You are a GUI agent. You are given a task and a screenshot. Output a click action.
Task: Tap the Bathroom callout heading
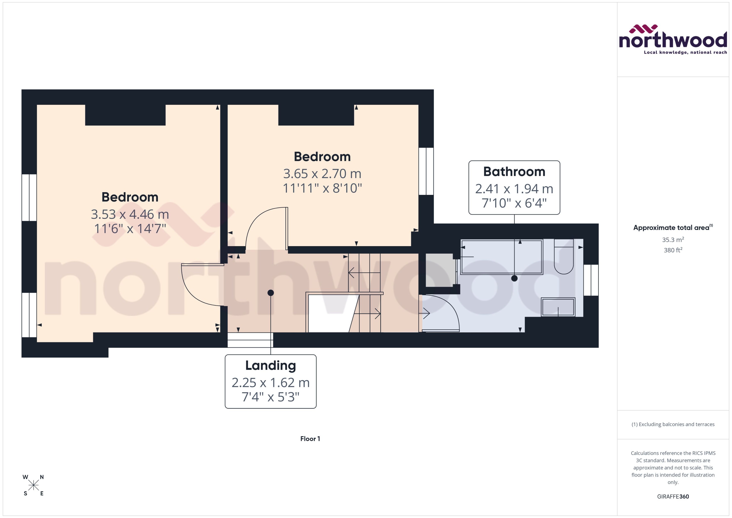tap(514, 172)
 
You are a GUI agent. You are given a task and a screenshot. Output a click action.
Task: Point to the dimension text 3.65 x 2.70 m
tap(322, 174)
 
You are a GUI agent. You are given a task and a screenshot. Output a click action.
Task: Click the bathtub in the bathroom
tap(501, 257)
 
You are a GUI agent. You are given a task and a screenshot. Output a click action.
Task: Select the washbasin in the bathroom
tap(558, 307)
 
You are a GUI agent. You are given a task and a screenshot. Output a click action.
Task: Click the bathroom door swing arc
tap(445, 311)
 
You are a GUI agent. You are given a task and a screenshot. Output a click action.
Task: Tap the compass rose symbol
tap(33, 485)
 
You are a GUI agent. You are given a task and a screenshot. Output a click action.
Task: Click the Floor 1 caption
tap(310, 439)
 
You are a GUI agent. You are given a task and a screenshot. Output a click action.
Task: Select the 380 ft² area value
tap(673, 250)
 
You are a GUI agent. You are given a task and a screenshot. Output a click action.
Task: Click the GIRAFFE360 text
tap(673, 496)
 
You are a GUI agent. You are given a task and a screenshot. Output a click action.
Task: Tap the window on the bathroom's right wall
tap(591, 280)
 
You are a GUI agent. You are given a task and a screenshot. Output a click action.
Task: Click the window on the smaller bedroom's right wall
tap(426, 171)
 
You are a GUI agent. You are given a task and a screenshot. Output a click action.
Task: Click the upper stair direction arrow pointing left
tap(364, 273)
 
